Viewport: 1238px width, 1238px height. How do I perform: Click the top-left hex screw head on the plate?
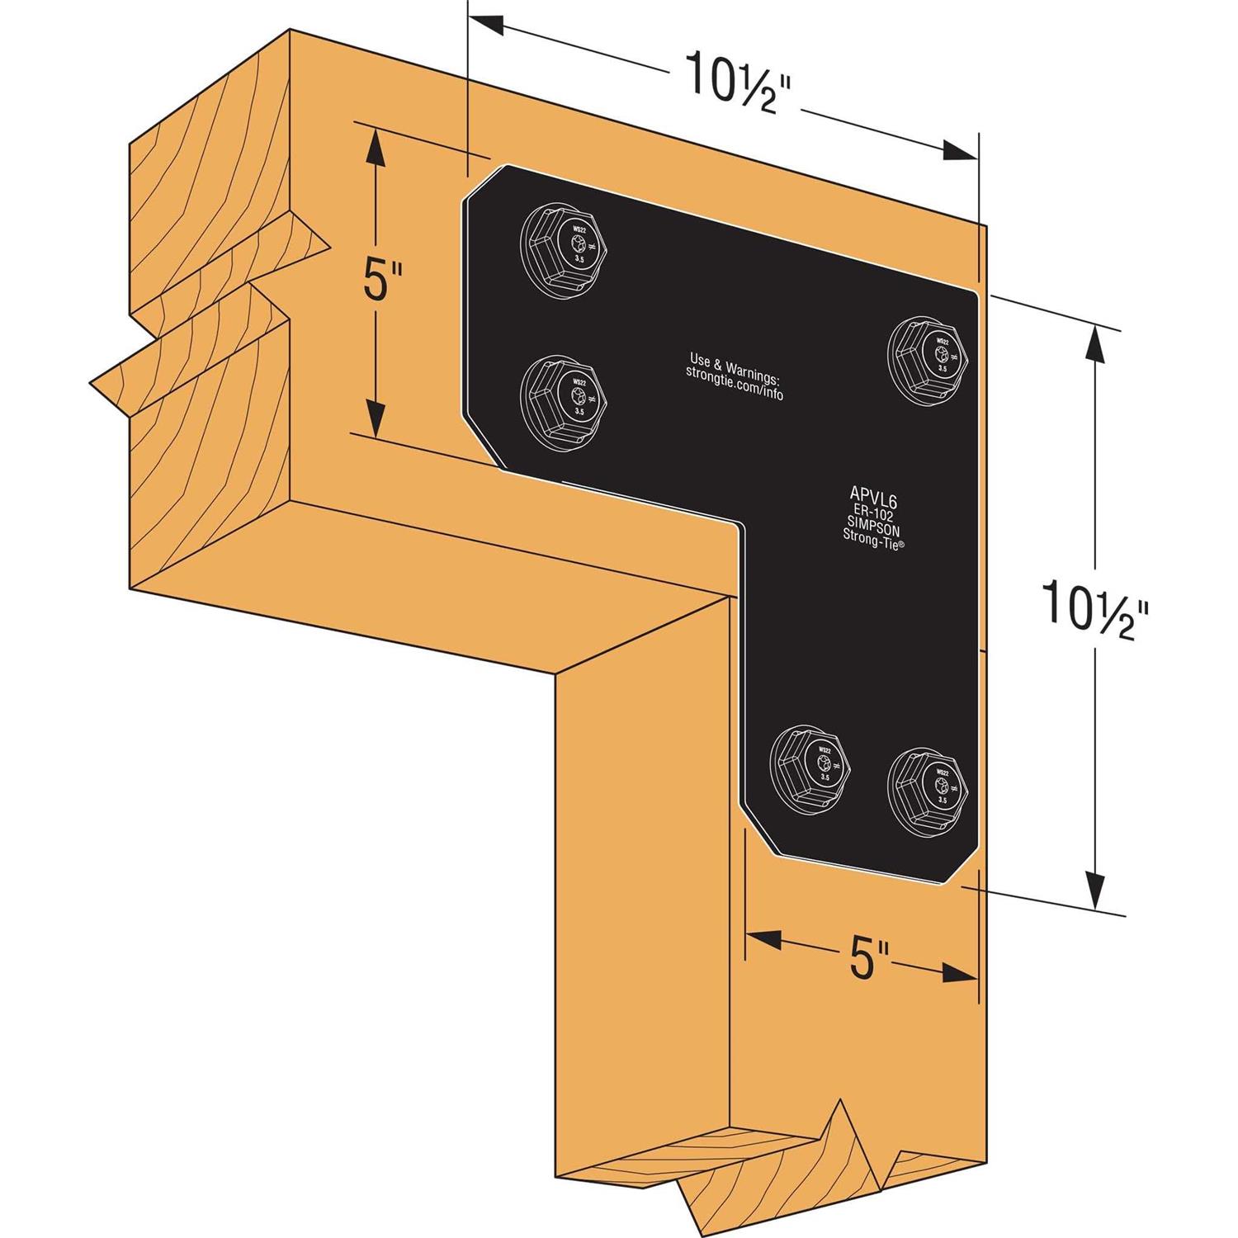click(x=568, y=245)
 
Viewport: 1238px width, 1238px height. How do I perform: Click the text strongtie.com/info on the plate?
click(x=735, y=387)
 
